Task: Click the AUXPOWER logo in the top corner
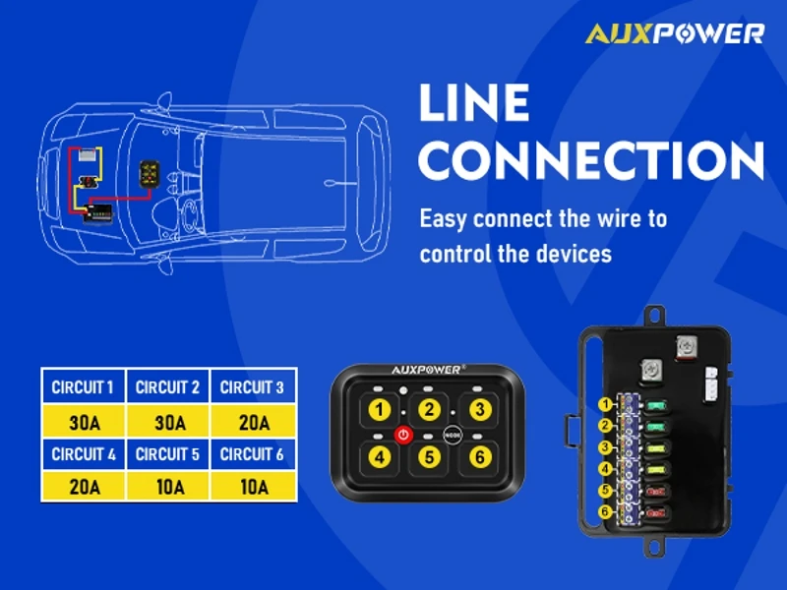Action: (x=674, y=33)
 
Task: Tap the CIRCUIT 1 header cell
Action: (x=83, y=387)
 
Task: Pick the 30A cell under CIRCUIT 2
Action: (x=168, y=423)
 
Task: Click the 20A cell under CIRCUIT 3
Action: (x=253, y=423)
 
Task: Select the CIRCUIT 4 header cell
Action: (x=83, y=454)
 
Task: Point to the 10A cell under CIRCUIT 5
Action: (x=168, y=486)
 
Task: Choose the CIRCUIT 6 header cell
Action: (x=253, y=454)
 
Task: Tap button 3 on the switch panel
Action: (x=478, y=409)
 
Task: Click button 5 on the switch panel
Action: (x=429, y=456)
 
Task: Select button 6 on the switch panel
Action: (x=478, y=456)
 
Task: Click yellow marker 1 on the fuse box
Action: (x=605, y=404)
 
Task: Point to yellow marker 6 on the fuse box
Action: (x=605, y=512)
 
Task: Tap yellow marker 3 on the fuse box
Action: (x=605, y=447)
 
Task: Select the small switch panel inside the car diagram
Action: (x=150, y=173)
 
